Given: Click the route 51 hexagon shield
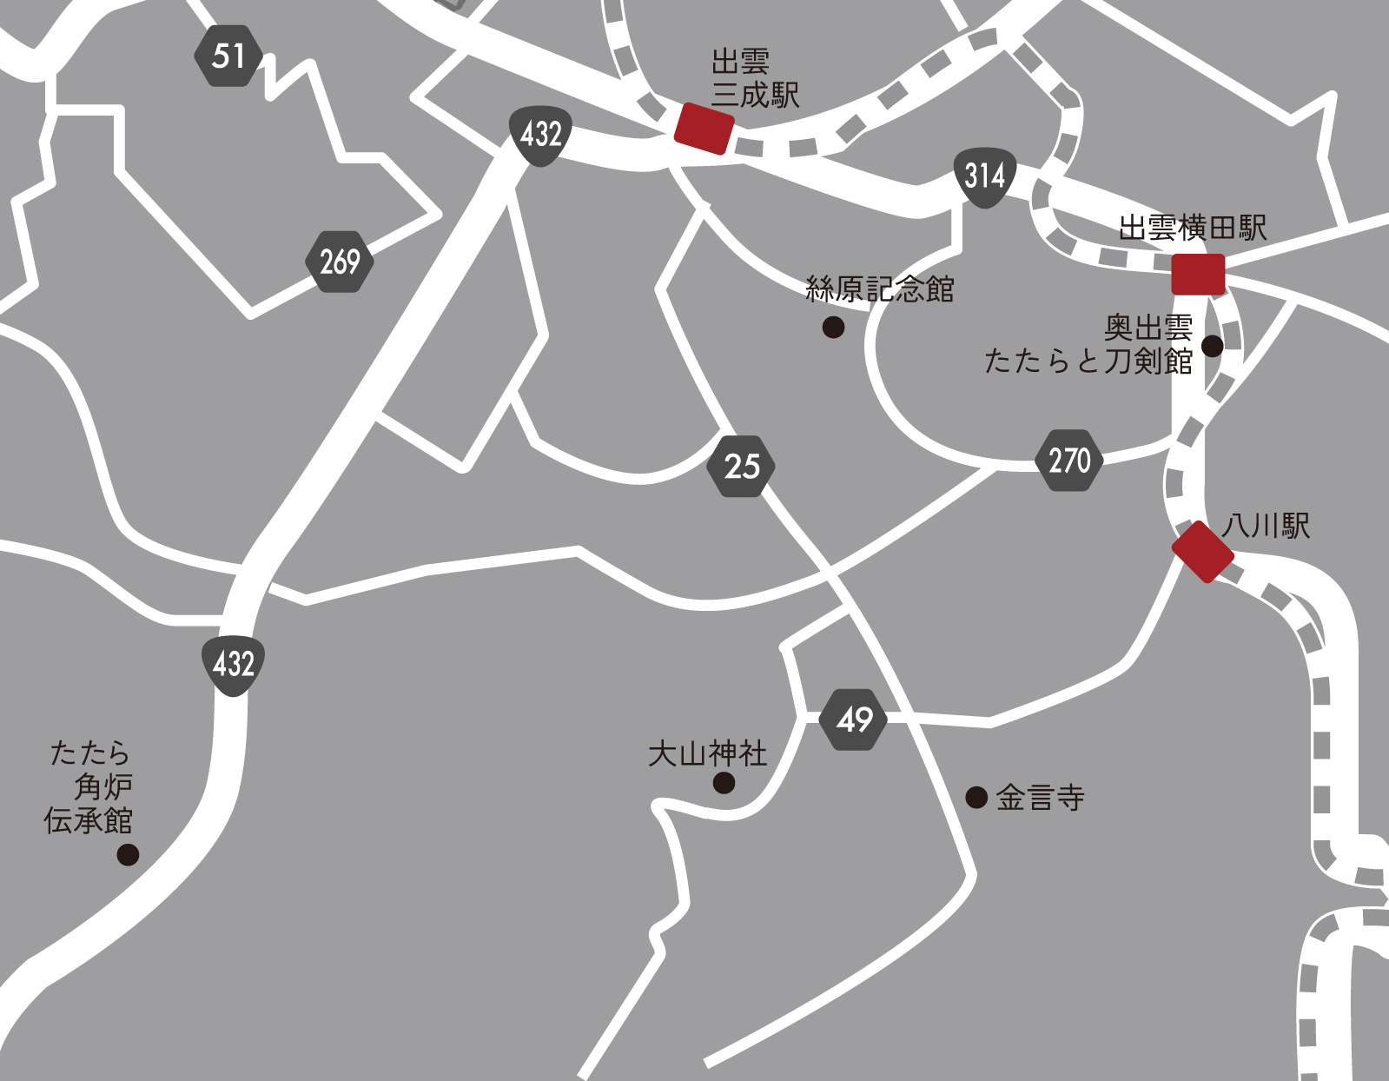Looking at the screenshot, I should (x=228, y=56).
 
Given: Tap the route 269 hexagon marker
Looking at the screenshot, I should (x=340, y=262).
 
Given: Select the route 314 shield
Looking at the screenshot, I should (x=985, y=176).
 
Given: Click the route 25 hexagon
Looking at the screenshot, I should (x=741, y=467).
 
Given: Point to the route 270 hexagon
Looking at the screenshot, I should (x=1069, y=461).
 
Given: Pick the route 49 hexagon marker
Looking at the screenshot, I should (x=854, y=720).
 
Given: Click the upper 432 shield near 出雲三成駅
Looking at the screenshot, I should (x=540, y=135).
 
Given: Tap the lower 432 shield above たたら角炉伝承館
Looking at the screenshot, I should (x=233, y=665).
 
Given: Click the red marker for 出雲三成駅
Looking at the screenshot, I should (x=704, y=129).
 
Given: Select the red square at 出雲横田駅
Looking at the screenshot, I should (x=1198, y=275).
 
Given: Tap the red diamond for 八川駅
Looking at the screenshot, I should (x=1203, y=552).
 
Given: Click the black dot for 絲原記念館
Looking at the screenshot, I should (x=833, y=328).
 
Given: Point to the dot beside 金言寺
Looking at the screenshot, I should (x=976, y=797).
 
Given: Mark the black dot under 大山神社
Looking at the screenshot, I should (x=724, y=783).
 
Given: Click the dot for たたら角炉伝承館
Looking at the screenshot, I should (x=128, y=854).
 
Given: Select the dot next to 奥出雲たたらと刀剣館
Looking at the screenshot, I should (x=1212, y=346).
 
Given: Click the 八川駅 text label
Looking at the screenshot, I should (x=1266, y=526).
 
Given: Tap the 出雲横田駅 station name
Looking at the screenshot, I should (x=1192, y=229).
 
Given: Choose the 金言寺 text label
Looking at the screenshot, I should (x=1040, y=798).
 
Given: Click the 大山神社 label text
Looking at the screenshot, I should (x=707, y=753).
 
